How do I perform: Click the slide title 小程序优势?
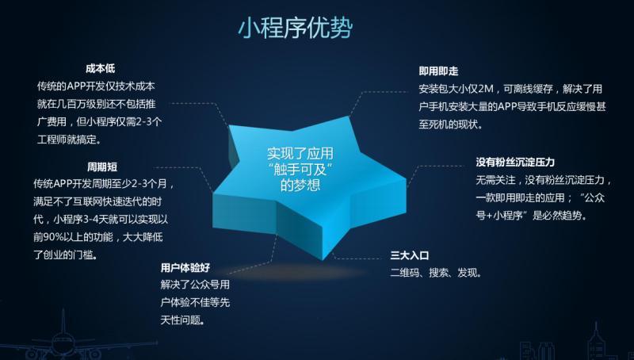[295, 28]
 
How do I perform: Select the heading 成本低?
[101, 68]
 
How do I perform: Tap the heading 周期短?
[102, 167]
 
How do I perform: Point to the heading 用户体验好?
[185, 267]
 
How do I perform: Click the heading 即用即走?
[438, 71]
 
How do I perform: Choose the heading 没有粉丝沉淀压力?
[515, 163]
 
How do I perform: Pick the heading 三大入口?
[410, 255]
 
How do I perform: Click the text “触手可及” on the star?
[300, 169]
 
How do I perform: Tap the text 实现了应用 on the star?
[300, 154]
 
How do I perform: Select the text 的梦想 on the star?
[300, 185]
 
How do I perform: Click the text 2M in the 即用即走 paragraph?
[486, 89]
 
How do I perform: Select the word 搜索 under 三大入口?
[439, 273]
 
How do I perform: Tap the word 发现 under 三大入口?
[467, 273]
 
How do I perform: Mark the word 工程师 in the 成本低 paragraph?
[52, 140]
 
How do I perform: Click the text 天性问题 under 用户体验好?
[181, 320]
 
